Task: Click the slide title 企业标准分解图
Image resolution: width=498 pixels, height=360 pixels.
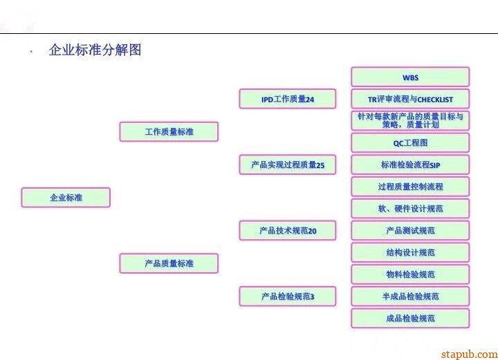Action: [95, 50]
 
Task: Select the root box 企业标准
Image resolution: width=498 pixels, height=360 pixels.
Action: [66, 198]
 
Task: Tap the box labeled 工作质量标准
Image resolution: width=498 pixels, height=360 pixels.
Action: [169, 132]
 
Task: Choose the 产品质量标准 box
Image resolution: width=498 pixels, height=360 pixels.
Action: [169, 263]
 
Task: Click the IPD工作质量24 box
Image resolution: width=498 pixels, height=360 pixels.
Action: [288, 99]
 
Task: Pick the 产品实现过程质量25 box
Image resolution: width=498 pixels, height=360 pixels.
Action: [288, 164]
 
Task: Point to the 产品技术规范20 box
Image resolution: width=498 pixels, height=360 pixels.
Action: [288, 231]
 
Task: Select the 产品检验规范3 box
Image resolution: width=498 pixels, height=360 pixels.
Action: [288, 296]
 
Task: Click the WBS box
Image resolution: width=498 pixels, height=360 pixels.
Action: [410, 77]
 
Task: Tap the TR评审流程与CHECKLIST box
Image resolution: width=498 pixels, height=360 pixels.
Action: [410, 99]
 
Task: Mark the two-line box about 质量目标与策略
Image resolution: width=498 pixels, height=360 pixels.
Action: [410, 121]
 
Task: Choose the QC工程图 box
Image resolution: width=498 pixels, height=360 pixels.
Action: [410, 142]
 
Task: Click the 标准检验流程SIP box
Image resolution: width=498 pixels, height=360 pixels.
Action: [410, 164]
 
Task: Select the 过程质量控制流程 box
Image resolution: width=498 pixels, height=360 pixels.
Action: [410, 187]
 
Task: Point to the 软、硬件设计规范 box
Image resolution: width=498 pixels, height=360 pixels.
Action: [410, 209]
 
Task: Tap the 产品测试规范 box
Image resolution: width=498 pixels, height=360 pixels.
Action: [410, 231]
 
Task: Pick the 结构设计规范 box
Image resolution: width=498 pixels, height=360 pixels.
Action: [410, 252]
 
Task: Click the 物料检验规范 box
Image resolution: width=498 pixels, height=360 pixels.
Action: [410, 274]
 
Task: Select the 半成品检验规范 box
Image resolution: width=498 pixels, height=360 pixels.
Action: [410, 296]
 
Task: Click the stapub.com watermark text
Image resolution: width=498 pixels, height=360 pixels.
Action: [469, 354]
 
